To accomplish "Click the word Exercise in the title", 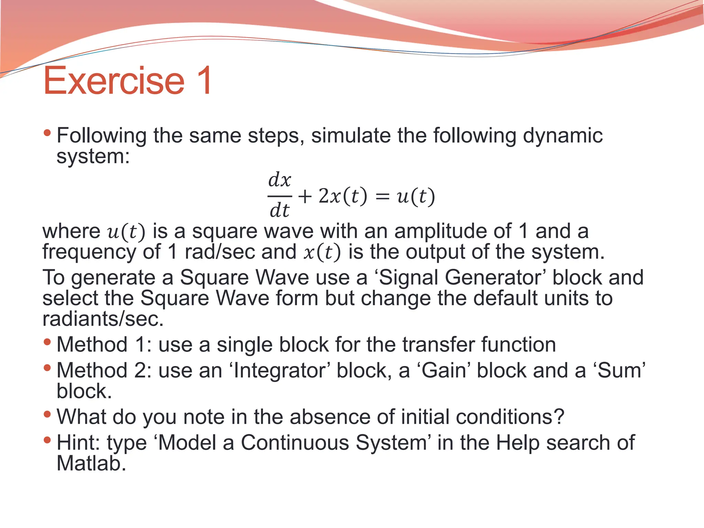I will (x=114, y=81).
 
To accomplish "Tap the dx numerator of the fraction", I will (x=279, y=180).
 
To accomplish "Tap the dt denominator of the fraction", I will (x=279, y=210).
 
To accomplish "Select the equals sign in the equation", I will (x=382, y=197).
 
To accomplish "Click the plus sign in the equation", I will (x=305, y=197).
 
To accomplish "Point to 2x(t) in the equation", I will (x=343, y=196).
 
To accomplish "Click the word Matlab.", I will (x=91, y=463).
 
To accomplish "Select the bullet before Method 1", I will (x=47, y=342).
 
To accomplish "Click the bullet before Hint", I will (x=47, y=440).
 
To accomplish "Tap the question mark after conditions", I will (x=559, y=417).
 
